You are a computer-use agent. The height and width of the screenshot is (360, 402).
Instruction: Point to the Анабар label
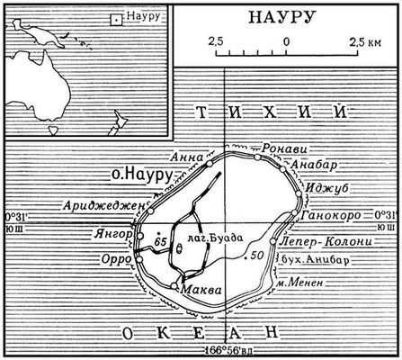(x=312, y=164)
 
